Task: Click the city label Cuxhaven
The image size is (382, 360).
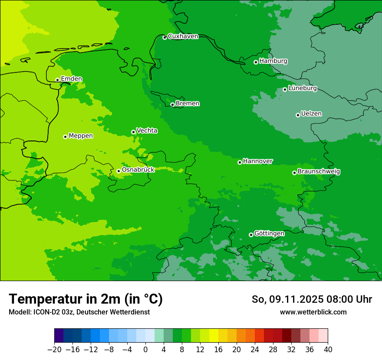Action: (183, 36)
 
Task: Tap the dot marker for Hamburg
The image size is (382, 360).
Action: (256, 62)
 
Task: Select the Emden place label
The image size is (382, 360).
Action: (71, 79)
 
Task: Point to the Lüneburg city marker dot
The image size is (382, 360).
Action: (285, 89)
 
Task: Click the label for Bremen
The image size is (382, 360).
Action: (188, 104)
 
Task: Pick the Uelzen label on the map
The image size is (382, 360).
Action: (311, 114)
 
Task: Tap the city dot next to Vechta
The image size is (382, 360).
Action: (133, 132)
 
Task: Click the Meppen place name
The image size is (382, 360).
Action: (81, 136)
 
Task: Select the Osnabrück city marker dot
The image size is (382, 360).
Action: (119, 171)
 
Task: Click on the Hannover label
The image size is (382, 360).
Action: (258, 161)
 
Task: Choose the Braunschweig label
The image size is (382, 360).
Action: (319, 172)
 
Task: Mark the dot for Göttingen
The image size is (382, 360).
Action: (251, 235)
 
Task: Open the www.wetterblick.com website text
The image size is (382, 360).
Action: (313, 312)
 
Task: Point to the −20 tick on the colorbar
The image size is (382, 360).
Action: (54, 350)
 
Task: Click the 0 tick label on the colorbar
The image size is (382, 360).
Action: (145, 350)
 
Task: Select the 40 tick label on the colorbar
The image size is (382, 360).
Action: (328, 350)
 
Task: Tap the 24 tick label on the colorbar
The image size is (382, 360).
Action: (255, 350)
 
